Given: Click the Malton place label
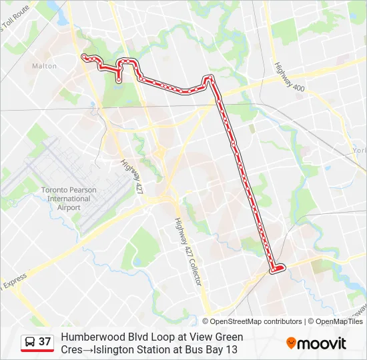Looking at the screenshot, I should pyautogui.click(x=45, y=66).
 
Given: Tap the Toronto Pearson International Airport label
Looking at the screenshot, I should pyautogui.click(x=69, y=199).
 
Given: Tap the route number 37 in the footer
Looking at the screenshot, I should pyautogui.click(x=45, y=342).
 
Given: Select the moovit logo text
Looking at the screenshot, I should pyautogui.click(x=322, y=344).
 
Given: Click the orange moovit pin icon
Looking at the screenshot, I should pyautogui.click(x=291, y=343).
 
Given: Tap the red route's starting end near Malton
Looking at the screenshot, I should pyautogui.click(x=84, y=57).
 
